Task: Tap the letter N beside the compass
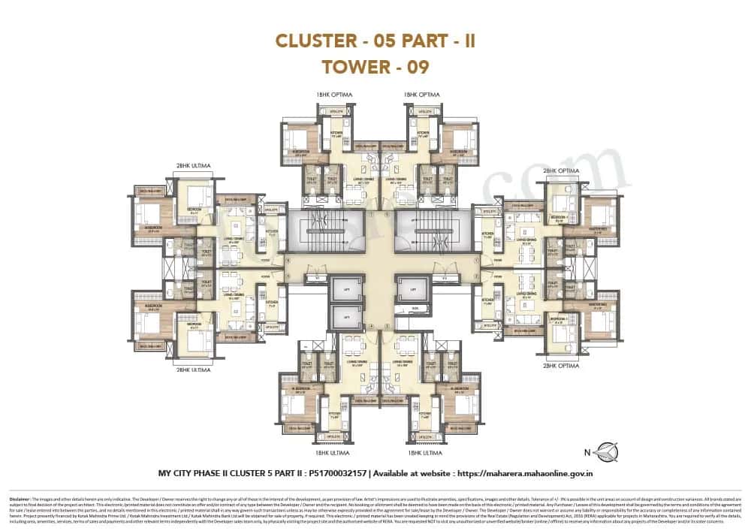(x=587, y=453)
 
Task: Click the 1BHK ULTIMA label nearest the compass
(x=425, y=454)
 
